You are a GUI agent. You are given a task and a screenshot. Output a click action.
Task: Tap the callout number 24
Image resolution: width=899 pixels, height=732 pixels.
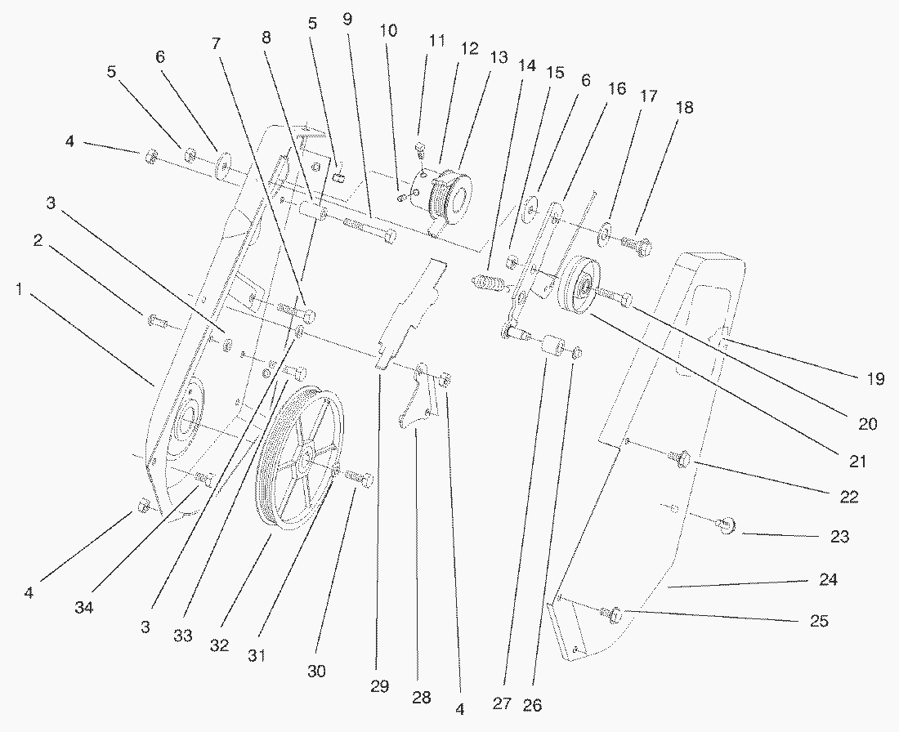(x=829, y=580)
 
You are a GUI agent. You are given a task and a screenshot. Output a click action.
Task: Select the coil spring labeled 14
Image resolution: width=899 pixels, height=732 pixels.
(x=490, y=285)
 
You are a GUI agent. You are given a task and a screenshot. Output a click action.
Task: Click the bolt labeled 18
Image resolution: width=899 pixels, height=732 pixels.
(x=635, y=243)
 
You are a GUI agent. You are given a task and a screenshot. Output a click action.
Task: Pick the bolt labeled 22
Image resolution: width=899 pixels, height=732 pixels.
(x=681, y=461)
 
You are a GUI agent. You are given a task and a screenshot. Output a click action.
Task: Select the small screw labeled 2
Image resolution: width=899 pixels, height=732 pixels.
(x=158, y=321)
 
